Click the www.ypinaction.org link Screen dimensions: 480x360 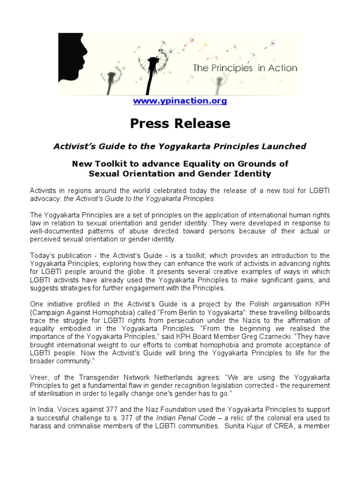click(180, 101)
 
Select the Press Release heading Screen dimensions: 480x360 click(180, 123)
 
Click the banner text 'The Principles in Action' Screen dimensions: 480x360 click(245, 68)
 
